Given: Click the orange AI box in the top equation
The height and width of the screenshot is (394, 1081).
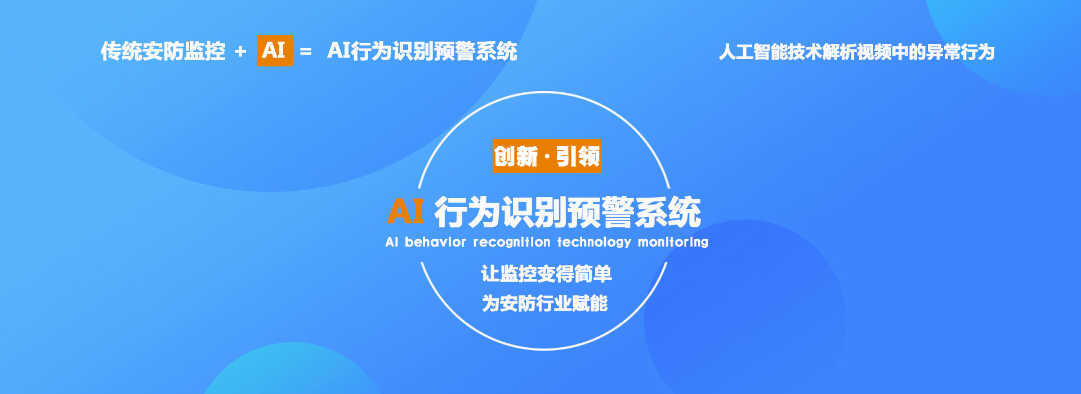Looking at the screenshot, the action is point(274,50).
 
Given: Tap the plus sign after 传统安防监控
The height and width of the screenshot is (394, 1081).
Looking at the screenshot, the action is point(240,52).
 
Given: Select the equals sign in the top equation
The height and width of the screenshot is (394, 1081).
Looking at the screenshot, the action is point(306,52).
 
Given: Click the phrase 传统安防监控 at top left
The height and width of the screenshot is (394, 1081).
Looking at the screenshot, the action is point(163,51).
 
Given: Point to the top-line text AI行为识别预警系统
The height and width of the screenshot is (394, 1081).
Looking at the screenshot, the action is point(422,51).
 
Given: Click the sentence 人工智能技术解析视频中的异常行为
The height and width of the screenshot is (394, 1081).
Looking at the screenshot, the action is point(857,52).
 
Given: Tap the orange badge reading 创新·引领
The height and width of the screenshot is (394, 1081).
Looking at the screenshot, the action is point(547,156).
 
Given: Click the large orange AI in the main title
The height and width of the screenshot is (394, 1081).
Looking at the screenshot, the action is point(405,212).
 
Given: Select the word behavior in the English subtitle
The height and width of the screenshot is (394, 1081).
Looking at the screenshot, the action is point(435,242).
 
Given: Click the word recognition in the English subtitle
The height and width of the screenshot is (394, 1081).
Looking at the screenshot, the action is point(512,242).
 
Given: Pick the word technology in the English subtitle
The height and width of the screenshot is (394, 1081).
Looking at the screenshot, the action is point(595,242).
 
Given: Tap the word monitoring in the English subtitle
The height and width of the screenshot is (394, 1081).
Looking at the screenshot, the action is point(673,242).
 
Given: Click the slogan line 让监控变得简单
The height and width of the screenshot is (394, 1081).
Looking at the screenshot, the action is point(546,274).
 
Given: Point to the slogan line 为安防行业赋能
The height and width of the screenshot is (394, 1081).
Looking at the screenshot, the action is point(545,303).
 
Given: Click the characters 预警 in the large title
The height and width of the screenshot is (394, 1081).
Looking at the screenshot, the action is point(601,212).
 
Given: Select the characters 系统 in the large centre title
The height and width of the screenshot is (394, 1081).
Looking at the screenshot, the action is point(668,212).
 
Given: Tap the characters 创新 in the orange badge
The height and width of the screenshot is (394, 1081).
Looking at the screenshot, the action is point(516,156).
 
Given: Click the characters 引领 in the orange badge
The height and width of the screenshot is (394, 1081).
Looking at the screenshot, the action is point(578,156).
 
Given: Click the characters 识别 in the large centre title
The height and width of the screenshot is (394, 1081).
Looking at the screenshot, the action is point(534,212).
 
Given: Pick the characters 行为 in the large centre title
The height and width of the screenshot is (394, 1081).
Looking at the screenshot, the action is point(467,212).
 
